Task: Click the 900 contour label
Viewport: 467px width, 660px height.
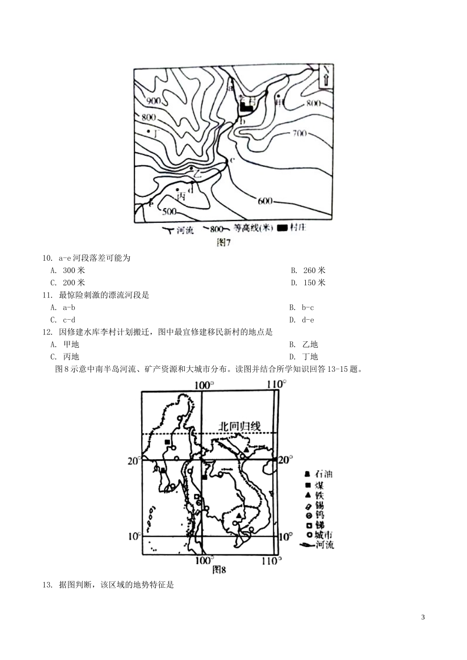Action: click(154, 101)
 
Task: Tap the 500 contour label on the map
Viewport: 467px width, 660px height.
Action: click(169, 212)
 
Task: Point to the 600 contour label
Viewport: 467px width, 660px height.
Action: click(264, 201)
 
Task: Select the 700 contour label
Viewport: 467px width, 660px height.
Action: click(299, 133)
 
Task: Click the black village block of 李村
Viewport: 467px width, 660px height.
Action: click(246, 107)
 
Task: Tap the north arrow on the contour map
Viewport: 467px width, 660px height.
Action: click(326, 78)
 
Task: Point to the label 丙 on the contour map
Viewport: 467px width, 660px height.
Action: click(181, 195)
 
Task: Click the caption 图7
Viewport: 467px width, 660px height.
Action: click(224, 243)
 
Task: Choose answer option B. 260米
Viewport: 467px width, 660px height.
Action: click(308, 270)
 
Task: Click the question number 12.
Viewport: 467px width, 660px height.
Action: click(47, 332)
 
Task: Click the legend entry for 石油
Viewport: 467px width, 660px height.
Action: click(319, 474)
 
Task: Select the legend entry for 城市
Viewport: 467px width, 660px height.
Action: click(319, 535)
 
